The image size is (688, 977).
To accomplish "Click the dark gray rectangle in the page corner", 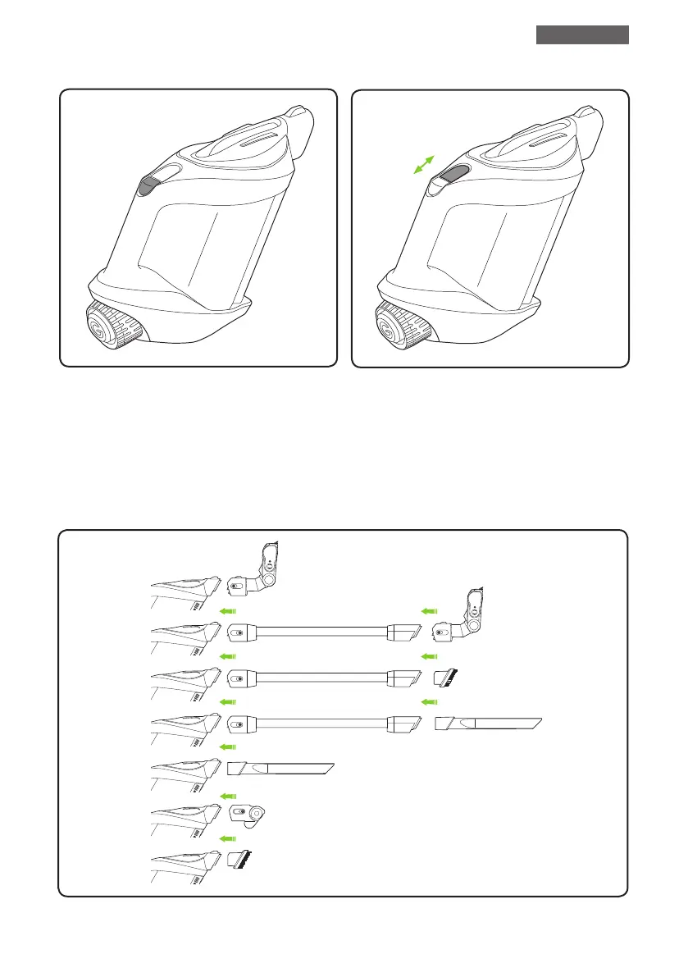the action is [x=582, y=34].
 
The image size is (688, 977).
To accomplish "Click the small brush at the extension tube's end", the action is [x=446, y=678].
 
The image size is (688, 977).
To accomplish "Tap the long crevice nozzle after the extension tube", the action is [x=489, y=724].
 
